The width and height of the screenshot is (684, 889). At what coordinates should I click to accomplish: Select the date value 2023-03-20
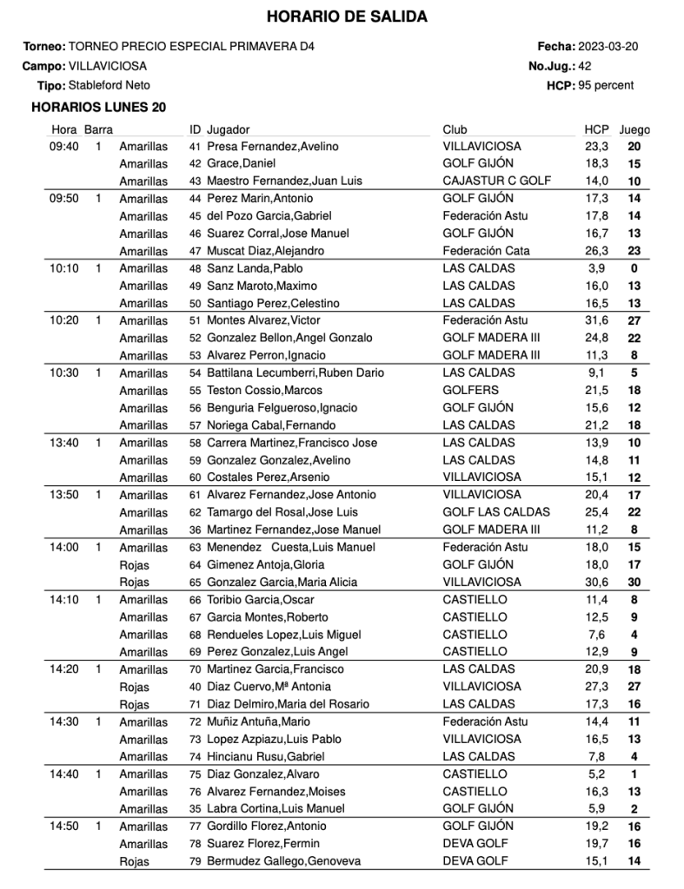608,46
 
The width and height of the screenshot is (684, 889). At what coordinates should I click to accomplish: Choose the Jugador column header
229,129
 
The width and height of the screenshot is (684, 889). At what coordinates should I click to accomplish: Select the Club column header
455,129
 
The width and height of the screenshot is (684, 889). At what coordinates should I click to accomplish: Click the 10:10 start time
64,268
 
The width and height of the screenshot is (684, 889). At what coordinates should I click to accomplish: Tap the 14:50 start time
64,826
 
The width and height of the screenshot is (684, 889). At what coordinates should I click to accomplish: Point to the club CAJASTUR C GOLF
491,181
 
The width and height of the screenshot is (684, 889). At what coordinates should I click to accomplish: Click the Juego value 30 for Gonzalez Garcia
634,583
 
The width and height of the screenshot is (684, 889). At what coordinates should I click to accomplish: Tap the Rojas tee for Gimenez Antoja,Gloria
135,565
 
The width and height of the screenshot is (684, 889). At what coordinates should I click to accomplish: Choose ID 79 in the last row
196,861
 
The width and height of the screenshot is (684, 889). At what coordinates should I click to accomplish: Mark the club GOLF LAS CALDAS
489,512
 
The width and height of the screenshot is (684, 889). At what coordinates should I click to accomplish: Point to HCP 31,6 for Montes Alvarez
595,320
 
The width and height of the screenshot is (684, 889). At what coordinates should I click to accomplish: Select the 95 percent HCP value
606,86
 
